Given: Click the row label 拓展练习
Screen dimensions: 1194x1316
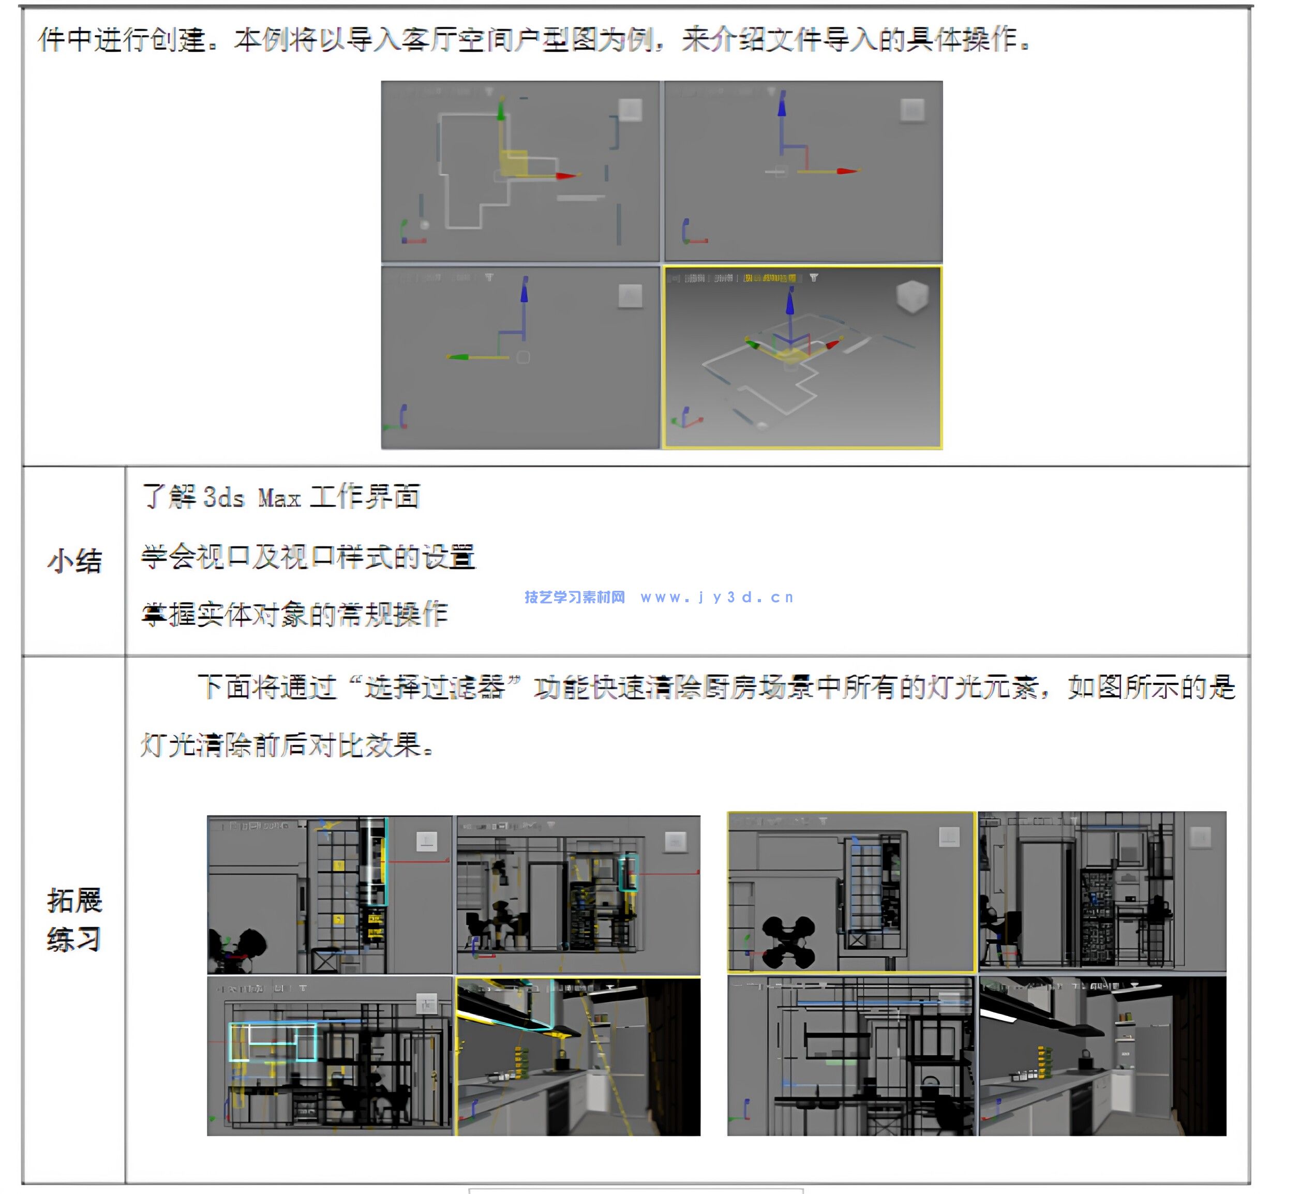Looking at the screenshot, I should tap(74, 920).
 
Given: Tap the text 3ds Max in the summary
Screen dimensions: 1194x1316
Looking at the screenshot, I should tap(251, 498).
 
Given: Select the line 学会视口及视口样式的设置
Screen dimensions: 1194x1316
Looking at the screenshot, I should tap(308, 557).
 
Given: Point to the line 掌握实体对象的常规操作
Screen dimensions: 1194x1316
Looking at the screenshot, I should tap(294, 614).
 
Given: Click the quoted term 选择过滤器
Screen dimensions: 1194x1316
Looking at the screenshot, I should tap(434, 688).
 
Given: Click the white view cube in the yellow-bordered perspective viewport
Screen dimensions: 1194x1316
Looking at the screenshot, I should tap(912, 297).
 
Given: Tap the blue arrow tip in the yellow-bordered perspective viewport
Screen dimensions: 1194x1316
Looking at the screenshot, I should tap(790, 302).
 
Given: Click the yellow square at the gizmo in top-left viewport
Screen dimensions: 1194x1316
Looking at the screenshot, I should tap(514, 162).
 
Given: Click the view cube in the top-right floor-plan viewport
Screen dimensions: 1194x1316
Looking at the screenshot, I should tap(912, 110).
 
